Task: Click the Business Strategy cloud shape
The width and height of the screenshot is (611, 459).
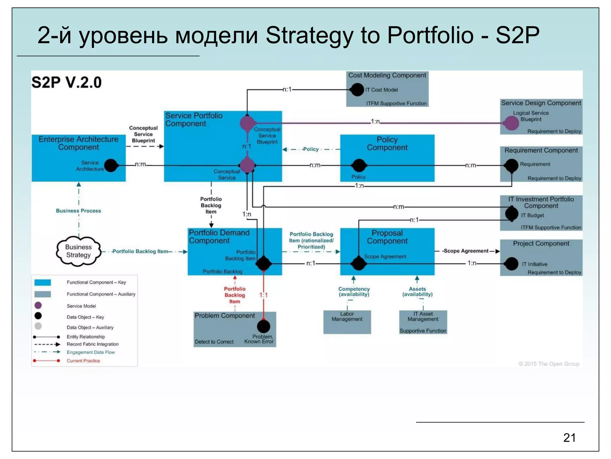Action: point(78,251)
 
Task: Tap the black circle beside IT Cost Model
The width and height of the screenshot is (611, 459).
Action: point(357,89)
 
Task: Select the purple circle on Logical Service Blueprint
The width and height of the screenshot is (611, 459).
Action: point(511,123)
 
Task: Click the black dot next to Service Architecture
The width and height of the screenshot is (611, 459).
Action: point(111,165)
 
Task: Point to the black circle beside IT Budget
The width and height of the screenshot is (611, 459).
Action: point(512,214)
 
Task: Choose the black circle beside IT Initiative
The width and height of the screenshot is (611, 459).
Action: point(512,264)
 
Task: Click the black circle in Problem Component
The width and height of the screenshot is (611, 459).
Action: point(263,326)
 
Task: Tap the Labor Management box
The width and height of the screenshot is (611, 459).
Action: point(347,322)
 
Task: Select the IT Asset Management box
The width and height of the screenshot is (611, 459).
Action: point(423,322)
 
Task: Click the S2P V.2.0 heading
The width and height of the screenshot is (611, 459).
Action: point(67,82)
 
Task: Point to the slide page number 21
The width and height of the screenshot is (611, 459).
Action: point(569,438)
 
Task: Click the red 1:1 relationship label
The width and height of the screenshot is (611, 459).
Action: point(263,295)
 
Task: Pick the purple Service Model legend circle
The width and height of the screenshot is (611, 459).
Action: point(38,305)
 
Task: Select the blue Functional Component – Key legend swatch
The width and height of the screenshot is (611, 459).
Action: point(43,282)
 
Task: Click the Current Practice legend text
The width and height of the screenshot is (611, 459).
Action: point(83,361)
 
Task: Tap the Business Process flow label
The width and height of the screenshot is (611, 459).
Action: point(78,211)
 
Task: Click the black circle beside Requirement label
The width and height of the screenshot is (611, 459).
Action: point(512,165)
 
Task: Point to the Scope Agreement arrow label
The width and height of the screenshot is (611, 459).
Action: point(466,251)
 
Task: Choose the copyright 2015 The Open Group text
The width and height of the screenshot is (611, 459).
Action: point(549,364)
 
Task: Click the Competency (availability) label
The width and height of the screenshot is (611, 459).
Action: point(354,291)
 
